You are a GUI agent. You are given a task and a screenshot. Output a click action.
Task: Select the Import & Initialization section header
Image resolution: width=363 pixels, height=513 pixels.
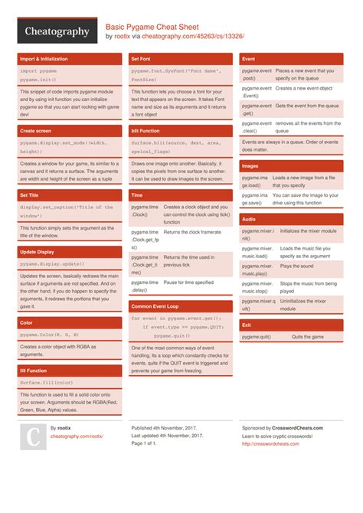point(70,58)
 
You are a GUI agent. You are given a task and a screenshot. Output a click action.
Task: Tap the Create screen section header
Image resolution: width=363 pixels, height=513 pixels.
point(70,131)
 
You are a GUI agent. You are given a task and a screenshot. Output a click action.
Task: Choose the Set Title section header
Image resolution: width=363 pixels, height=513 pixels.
point(70,195)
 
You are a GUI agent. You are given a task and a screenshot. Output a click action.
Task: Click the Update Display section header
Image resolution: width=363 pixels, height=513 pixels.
point(70,251)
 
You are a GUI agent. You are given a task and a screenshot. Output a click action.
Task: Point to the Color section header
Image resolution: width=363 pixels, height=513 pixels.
point(70,322)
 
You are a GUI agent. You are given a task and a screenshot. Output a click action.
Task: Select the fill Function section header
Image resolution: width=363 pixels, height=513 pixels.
point(70,371)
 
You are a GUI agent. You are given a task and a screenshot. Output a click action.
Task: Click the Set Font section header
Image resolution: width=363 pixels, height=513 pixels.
point(180,58)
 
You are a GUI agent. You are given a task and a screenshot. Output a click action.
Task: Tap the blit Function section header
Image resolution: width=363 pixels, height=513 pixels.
point(180,131)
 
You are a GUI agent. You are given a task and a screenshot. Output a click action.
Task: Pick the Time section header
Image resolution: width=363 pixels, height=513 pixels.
point(180,195)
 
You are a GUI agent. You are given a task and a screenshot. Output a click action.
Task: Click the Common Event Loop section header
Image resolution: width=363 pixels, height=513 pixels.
point(180,306)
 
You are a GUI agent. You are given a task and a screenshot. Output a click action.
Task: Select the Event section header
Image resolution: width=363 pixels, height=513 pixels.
point(290,58)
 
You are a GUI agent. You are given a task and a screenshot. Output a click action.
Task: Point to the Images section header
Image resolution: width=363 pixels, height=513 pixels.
point(290,165)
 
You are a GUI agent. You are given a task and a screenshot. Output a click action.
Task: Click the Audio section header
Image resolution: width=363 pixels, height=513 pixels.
point(290,219)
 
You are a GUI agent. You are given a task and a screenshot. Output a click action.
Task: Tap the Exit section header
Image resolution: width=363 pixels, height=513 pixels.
point(290,325)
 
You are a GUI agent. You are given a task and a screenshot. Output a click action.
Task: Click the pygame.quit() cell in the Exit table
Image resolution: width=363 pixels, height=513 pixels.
point(259,337)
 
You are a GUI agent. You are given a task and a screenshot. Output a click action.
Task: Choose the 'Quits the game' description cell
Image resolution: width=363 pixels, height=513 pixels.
point(308,337)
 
